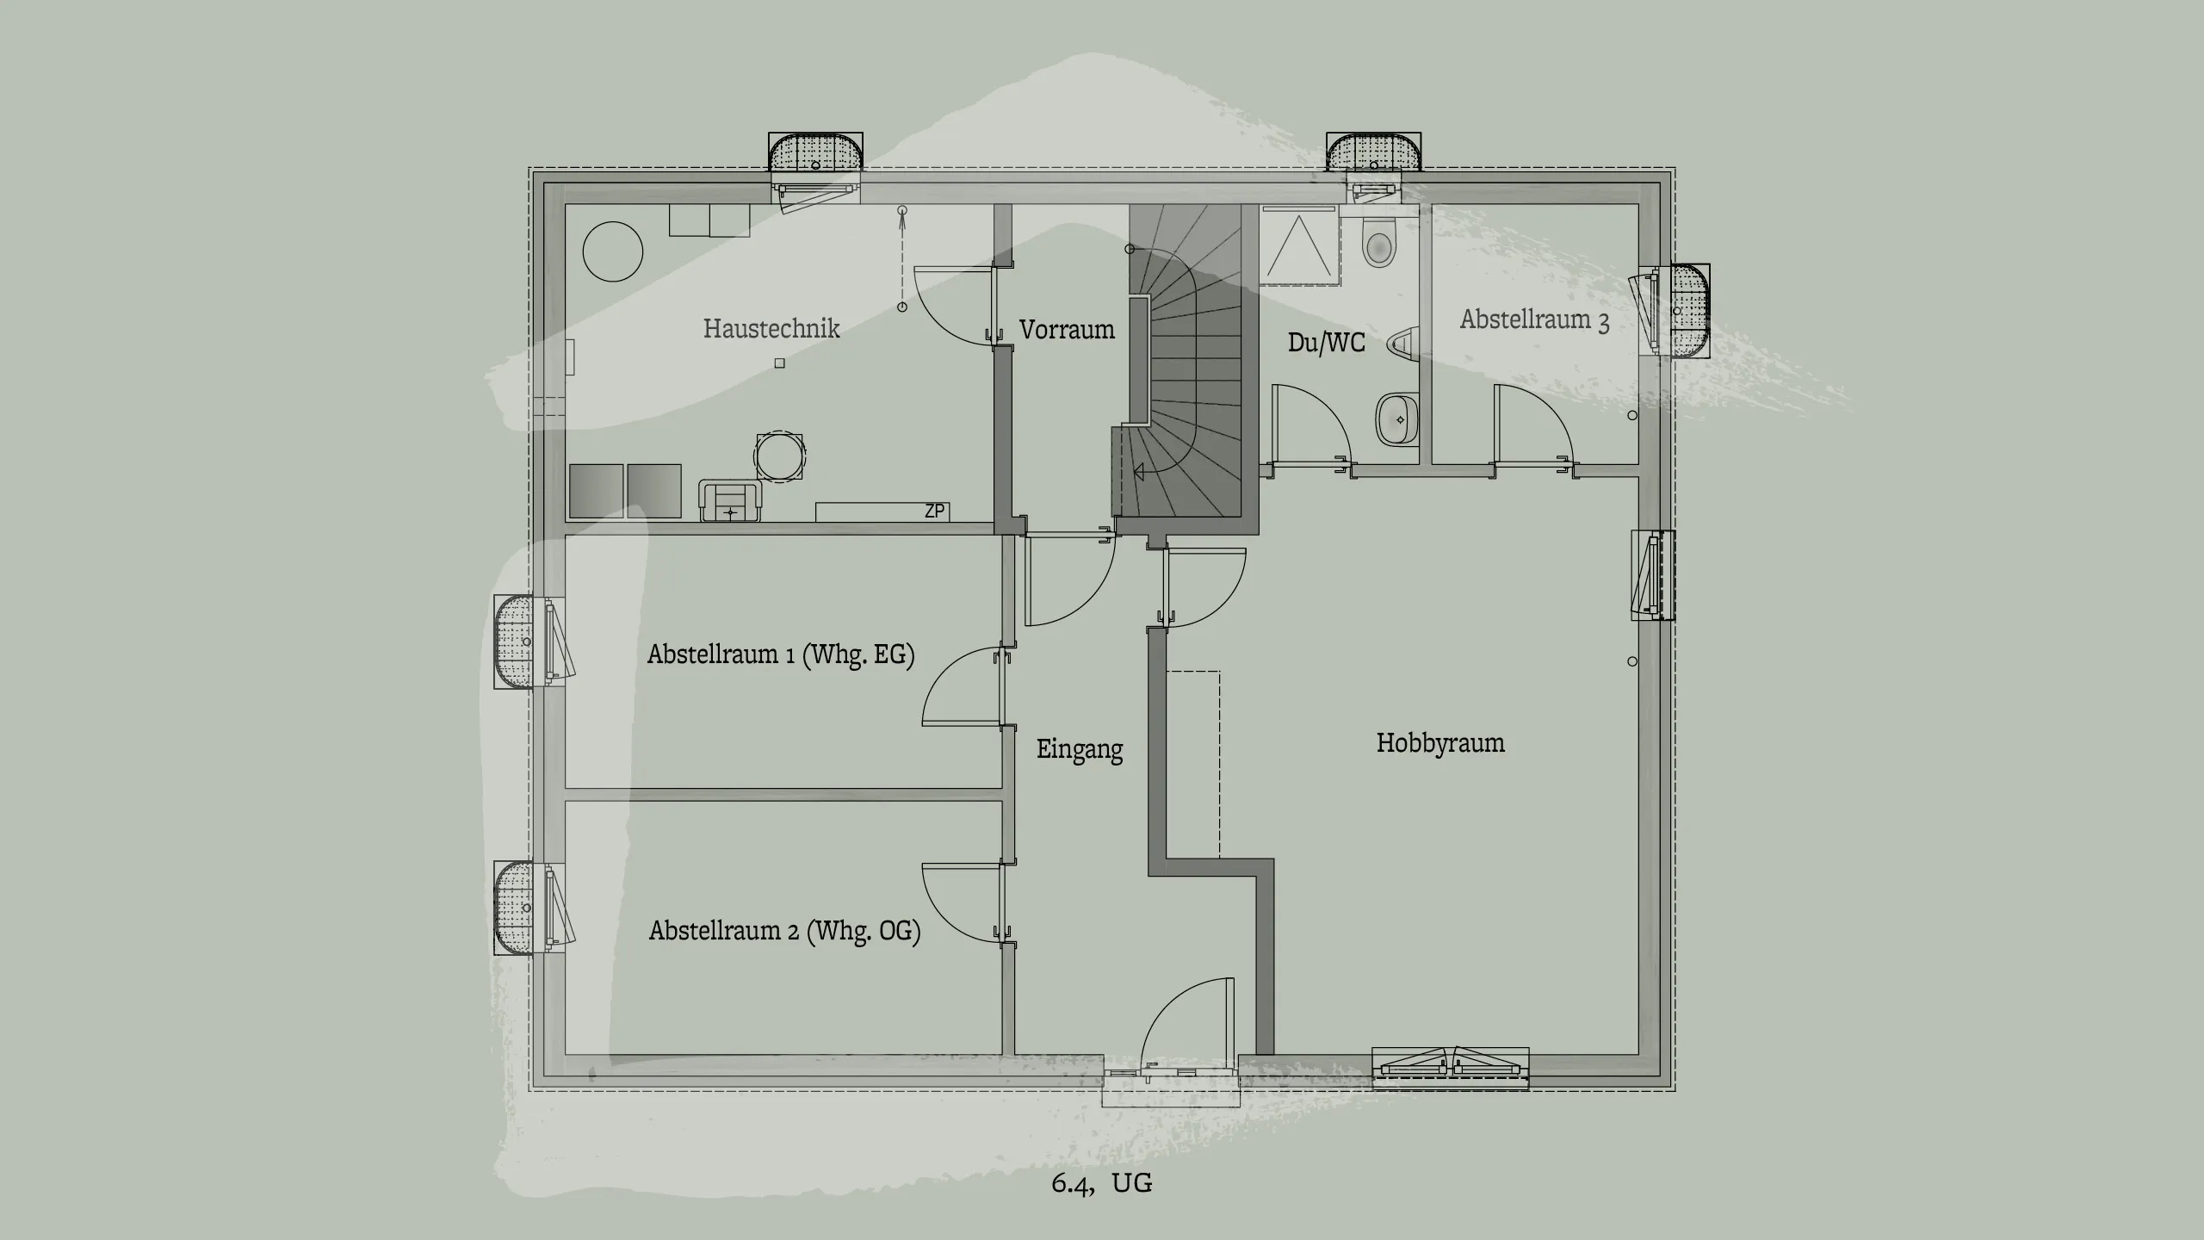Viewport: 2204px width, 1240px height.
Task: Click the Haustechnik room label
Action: click(771, 328)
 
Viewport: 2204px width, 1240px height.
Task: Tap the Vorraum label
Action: click(1067, 329)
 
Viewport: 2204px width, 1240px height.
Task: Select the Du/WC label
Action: click(1326, 342)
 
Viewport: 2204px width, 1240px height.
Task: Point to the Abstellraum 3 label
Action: click(1534, 319)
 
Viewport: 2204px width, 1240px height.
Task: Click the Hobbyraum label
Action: click(1440, 742)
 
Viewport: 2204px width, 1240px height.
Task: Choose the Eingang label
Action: click(1080, 749)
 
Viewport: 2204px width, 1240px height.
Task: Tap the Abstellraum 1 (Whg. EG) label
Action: click(780, 654)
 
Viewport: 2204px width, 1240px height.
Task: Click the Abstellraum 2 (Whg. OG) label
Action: click(784, 931)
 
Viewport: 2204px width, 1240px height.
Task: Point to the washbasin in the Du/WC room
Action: click(1396, 419)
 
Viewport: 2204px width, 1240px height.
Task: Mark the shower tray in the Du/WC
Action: click(1300, 246)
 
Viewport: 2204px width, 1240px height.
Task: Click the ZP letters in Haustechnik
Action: click(934, 512)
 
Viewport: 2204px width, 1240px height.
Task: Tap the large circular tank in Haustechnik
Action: click(613, 251)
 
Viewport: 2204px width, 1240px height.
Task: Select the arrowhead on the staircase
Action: click(1138, 471)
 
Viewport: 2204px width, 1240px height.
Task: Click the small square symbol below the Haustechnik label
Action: click(780, 363)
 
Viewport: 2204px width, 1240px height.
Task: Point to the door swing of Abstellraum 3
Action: click(1534, 426)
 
